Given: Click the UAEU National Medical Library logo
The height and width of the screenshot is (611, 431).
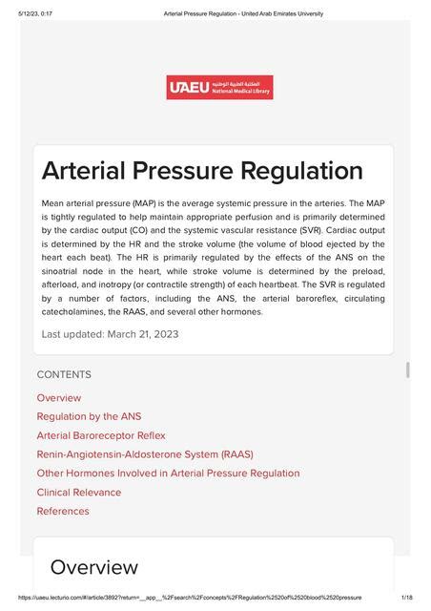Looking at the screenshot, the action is tap(219, 88).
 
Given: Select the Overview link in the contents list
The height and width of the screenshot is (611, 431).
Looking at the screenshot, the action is tap(59, 398).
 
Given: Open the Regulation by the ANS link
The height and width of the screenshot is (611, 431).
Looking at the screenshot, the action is tap(89, 416).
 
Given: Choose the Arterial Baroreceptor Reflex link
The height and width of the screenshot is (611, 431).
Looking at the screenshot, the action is tap(101, 435).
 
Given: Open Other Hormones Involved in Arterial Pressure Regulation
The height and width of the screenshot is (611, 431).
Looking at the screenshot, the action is tap(168, 474).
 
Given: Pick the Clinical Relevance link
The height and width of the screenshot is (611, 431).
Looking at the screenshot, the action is tap(79, 493).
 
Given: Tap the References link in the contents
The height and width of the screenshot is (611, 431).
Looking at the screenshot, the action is tap(63, 511).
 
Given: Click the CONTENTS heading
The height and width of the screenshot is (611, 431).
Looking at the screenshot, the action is tap(64, 375).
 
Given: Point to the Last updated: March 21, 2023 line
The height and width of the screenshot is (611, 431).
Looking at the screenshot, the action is tap(110, 334).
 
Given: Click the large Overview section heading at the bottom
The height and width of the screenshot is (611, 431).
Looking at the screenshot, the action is tap(93, 567).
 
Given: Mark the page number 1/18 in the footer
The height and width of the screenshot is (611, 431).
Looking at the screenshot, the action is tap(407, 598).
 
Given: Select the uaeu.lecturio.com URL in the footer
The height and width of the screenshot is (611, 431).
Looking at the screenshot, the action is tap(191, 598).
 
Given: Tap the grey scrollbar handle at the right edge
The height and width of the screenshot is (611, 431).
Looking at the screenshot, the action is tap(408, 370).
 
